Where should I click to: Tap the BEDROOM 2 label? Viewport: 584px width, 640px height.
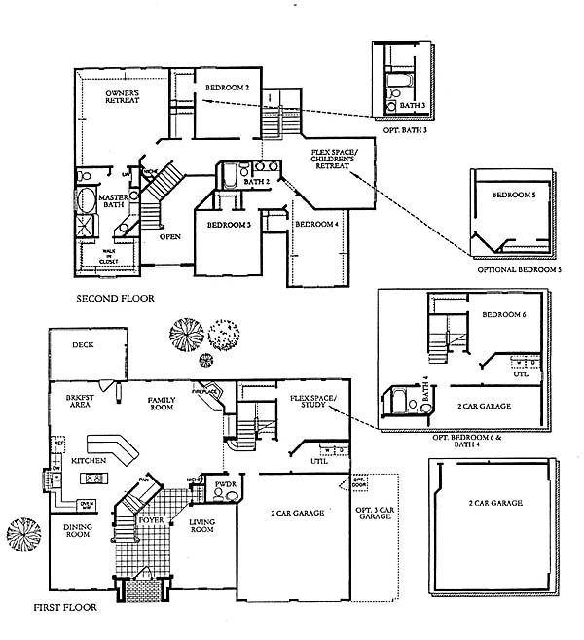click(228, 89)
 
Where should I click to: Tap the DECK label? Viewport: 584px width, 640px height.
click(83, 344)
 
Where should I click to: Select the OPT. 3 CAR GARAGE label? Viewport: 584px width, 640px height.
click(375, 512)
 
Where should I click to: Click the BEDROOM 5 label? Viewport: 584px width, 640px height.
click(512, 196)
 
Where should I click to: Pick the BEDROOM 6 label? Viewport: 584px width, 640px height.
click(503, 316)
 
